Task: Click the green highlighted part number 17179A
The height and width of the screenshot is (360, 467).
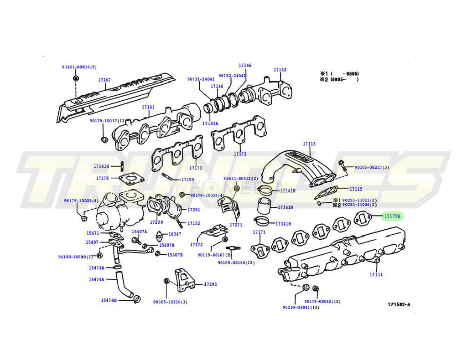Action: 392,216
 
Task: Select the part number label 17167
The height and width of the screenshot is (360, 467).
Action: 104,80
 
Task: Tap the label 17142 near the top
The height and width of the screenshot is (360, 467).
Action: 280,70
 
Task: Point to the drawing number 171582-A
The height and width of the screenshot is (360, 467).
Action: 399,304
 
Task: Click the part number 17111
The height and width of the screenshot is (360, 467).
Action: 376,275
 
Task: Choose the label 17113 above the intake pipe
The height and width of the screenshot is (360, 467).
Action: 309,144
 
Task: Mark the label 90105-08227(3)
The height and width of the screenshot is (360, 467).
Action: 372,168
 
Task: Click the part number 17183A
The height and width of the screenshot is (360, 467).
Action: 210,123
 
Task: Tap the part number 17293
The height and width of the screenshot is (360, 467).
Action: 210,284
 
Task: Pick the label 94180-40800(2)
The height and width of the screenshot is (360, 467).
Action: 75,257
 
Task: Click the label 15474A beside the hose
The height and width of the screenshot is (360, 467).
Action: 96,279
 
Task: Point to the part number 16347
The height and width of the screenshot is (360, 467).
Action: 175,234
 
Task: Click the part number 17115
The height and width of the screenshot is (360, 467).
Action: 356,189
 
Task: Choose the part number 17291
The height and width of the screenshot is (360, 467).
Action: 194,210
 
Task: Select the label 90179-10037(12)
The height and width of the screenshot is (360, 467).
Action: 107,121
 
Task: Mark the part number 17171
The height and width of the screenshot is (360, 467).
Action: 259,232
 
